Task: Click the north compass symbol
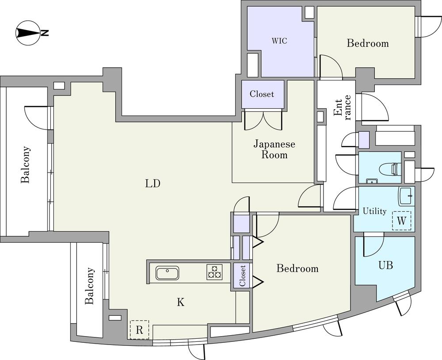[x=29, y=33]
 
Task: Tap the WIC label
[x=279, y=41]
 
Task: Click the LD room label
[x=152, y=184]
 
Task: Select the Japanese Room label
[x=274, y=149]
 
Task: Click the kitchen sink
[x=168, y=273]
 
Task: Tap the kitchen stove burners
[x=214, y=272]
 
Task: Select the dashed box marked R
[x=140, y=329]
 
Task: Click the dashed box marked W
[x=401, y=221]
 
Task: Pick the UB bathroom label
[x=385, y=265]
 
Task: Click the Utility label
[x=374, y=211]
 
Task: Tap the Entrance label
[x=343, y=107]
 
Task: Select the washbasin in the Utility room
[x=406, y=196]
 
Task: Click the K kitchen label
[x=180, y=303]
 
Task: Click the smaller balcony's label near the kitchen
[x=90, y=286]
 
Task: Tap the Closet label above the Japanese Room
[x=262, y=94]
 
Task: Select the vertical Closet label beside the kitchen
[x=242, y=276]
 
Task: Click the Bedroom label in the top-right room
[x=367, y=43]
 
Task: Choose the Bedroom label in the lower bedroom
[x=297, y=268]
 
